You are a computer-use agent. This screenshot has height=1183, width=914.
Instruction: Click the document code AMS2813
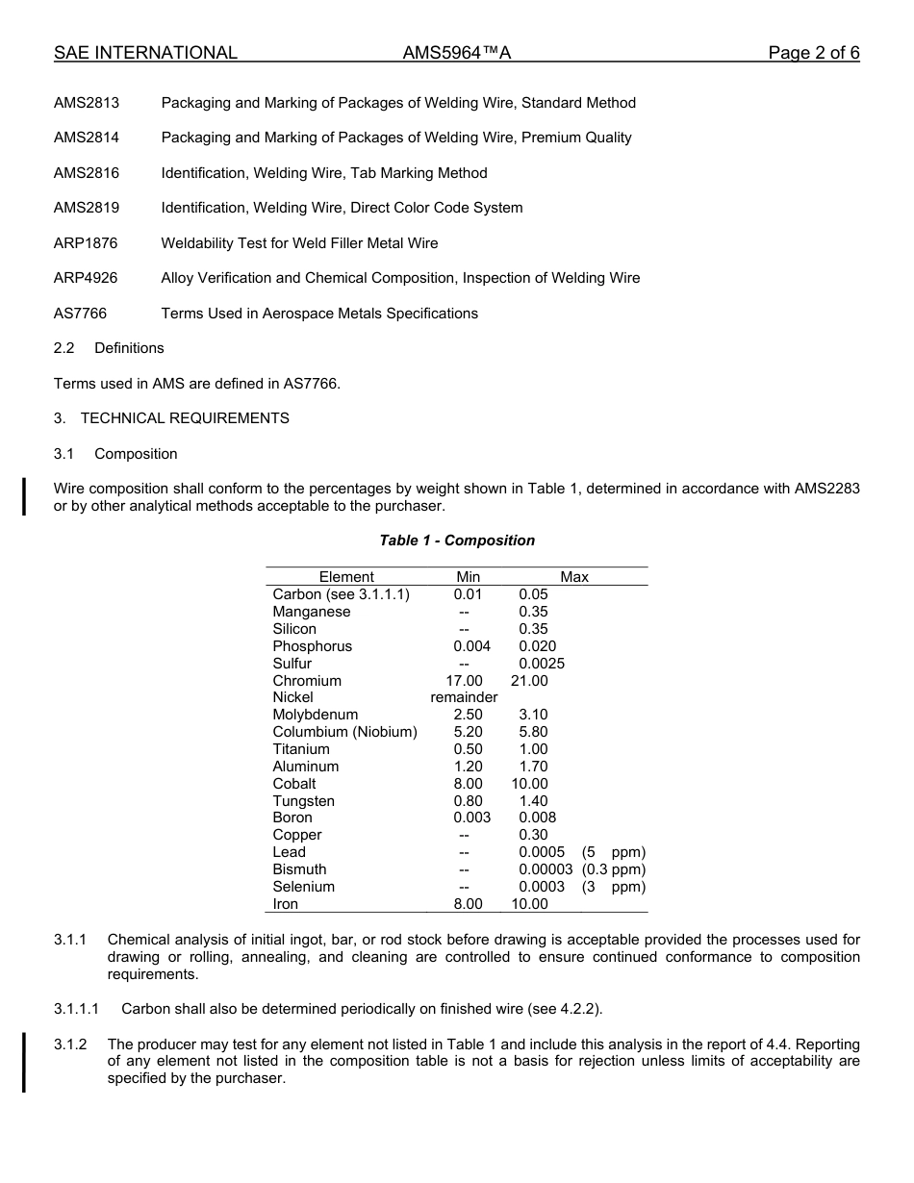tap(87, 103)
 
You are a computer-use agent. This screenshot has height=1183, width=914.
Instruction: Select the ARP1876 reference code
tap(86, 243)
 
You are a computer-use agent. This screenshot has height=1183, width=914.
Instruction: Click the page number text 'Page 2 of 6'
tap(813, 53)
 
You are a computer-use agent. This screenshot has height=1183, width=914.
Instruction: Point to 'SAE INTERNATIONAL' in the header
tap(145, 53)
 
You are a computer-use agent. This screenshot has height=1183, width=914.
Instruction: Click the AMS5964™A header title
tap(456, 53)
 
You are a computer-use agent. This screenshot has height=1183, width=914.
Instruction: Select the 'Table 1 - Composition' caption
tap(457, 541)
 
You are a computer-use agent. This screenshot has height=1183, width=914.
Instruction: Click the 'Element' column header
tap(346, 577)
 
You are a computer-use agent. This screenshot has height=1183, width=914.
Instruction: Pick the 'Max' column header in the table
tap(574, 577)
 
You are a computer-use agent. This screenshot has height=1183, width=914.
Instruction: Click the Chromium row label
tap(307, 681)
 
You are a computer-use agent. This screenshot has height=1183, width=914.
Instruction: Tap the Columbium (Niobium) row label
tap(344, 732)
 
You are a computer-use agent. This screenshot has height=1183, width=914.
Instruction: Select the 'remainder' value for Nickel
tap(464, 697)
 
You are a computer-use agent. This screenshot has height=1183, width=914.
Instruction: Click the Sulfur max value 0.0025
tap(542, 664)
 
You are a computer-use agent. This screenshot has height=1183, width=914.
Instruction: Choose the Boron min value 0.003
tap(471, 818)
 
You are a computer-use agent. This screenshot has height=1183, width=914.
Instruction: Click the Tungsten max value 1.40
tap(533, 801)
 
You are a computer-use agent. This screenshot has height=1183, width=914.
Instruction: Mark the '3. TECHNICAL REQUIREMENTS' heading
tap(171, 418)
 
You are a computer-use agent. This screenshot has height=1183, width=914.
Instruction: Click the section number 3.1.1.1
tap(76, 1009)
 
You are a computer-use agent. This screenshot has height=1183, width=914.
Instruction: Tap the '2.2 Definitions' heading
tap(109, 348)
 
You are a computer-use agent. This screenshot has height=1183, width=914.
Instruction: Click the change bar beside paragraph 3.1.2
tap(24, 1061)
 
